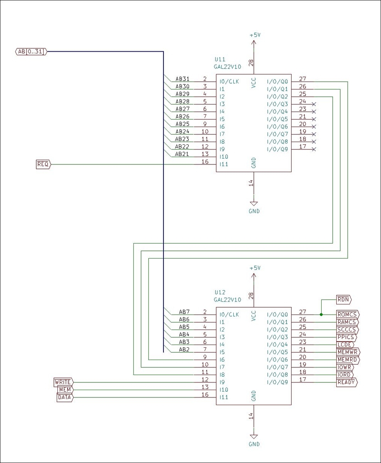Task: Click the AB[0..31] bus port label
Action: (x=31, y=52)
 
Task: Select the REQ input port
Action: (x=43, y=164)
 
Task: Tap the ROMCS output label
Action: (x=347, y=314)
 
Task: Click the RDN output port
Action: (x=344, y=299)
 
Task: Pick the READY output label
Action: (x=347, y=382)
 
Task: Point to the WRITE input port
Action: (x=63, y=382)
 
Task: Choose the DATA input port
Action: (x=65, y=397)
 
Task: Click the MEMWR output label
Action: (x=348, y=352)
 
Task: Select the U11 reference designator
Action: (x=220, y=59)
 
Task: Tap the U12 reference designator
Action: (x=220, y=292)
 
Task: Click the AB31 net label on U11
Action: (x=182, y=79)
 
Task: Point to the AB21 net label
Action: (x=182, y=154)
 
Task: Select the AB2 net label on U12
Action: (x=184, y=350)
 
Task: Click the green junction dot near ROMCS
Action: (x=321, y=314)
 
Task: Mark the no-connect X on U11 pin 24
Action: (x=314, y=104)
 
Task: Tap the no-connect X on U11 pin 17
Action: (x=314, y=149)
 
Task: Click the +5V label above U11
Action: (x=255, y=35)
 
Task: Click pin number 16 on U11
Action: (x=205, y=162)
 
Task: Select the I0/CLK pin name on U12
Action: (x=229, y=314)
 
